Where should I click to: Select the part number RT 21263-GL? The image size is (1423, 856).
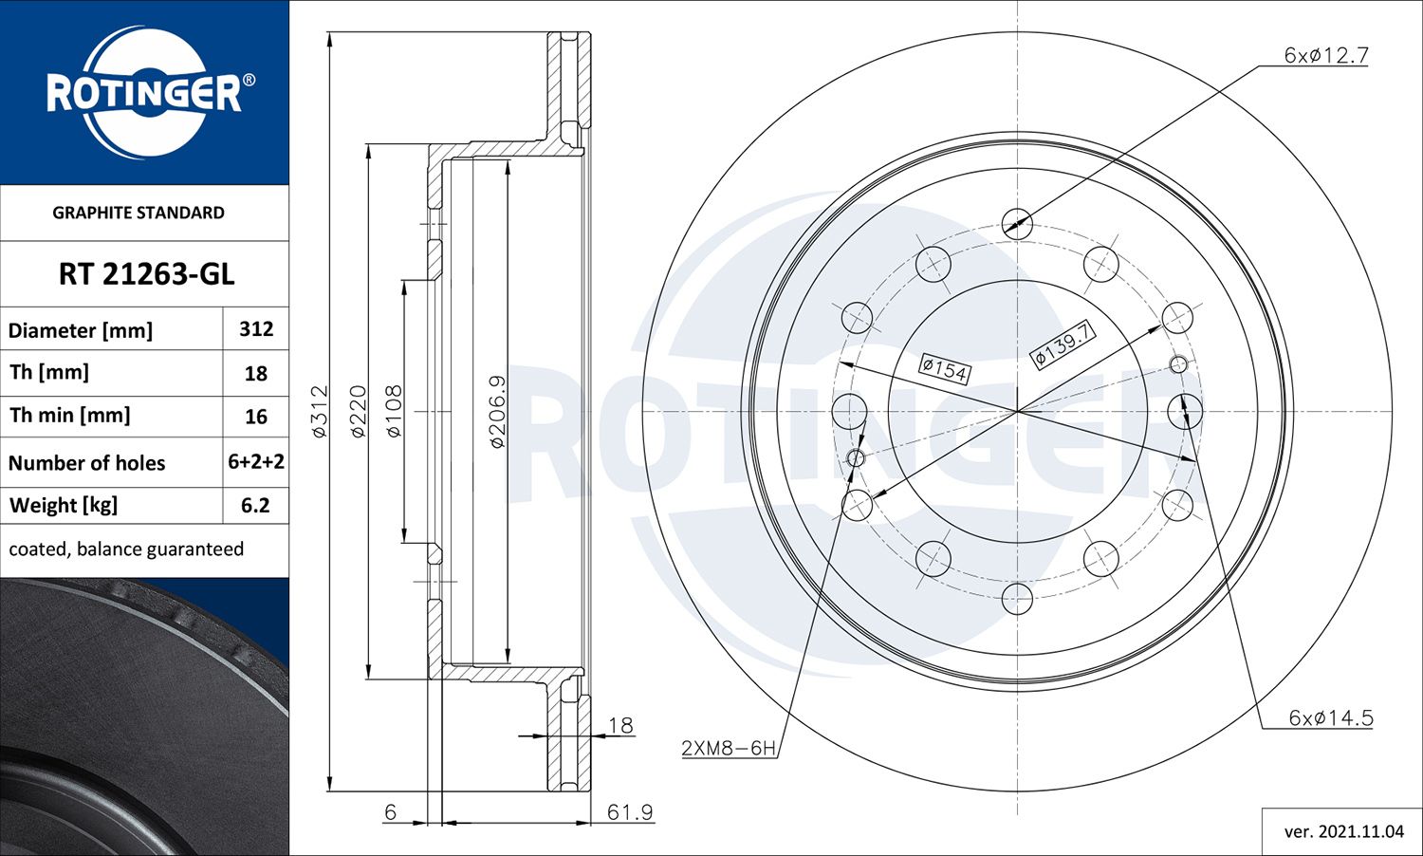(x=147, y=274)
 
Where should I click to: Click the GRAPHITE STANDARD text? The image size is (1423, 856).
(x=139, y=213)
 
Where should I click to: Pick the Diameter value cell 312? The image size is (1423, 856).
(x=256, y=328)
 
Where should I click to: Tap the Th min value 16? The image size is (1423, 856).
(x=256, y=417)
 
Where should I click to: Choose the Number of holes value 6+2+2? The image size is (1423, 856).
(x=256, y=461)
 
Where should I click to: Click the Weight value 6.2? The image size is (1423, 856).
(x=255, y=505)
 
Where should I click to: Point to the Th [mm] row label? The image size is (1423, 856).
(x=49, y=372)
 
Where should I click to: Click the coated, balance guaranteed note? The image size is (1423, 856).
(x=126, y=549)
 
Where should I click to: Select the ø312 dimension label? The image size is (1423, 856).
(x=320, y=411)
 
